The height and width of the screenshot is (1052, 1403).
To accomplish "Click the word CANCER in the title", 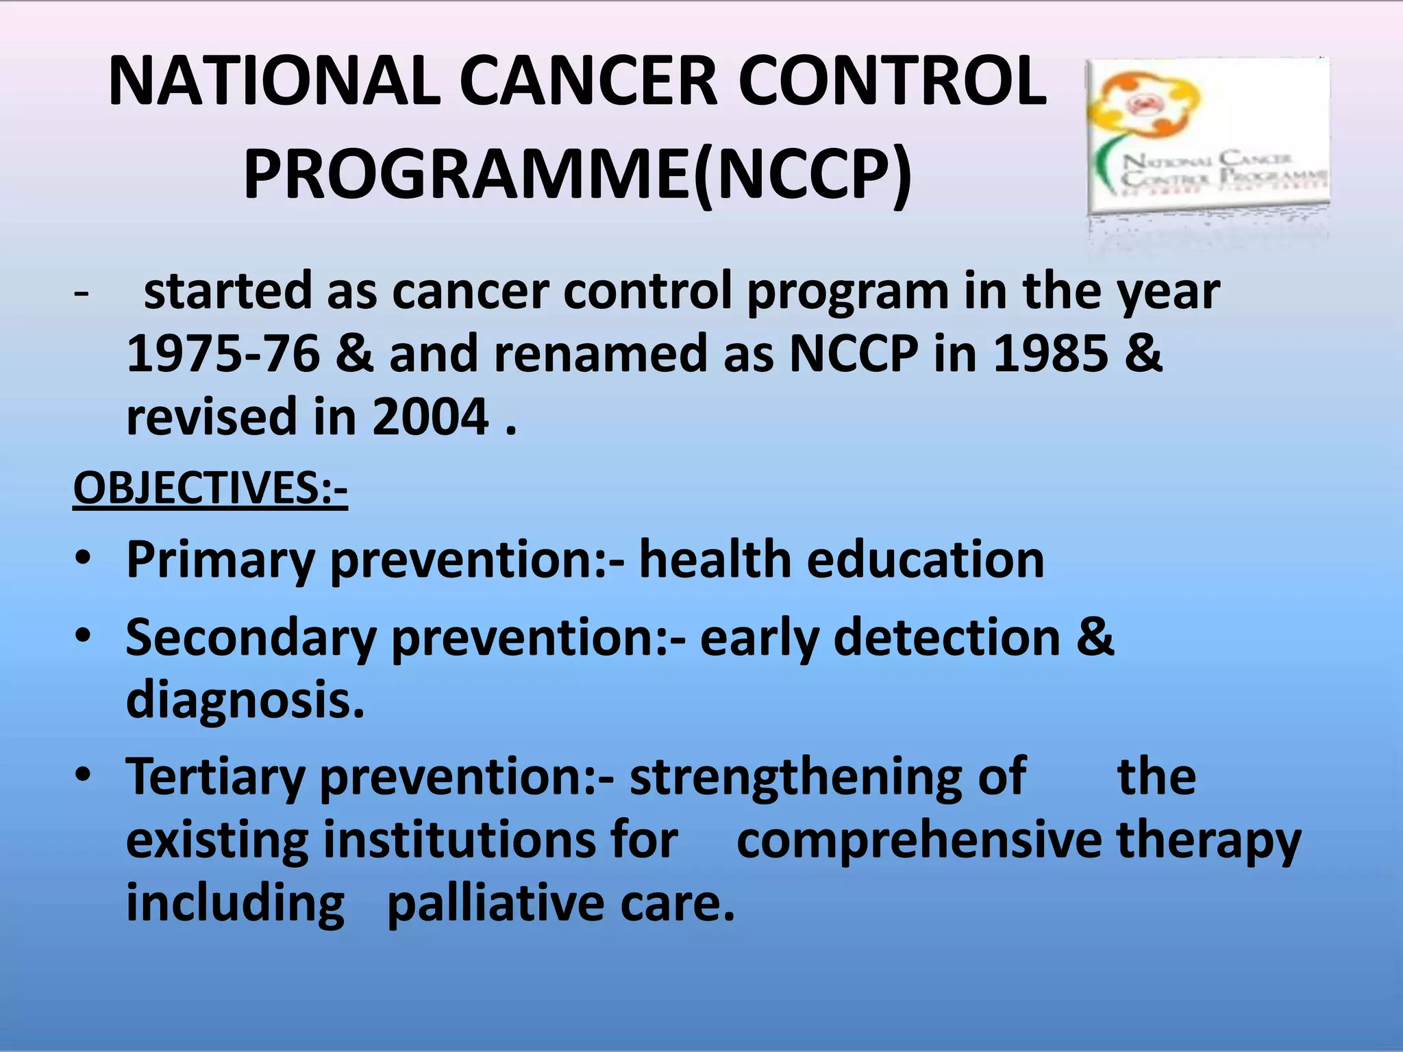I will point(589,82).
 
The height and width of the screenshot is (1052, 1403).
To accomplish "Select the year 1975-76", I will point(223,354).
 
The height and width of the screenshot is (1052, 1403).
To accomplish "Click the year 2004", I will point(430,417).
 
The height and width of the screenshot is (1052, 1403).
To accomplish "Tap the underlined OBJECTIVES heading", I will point(210,488).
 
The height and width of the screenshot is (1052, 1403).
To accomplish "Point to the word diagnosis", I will point(245,701).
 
